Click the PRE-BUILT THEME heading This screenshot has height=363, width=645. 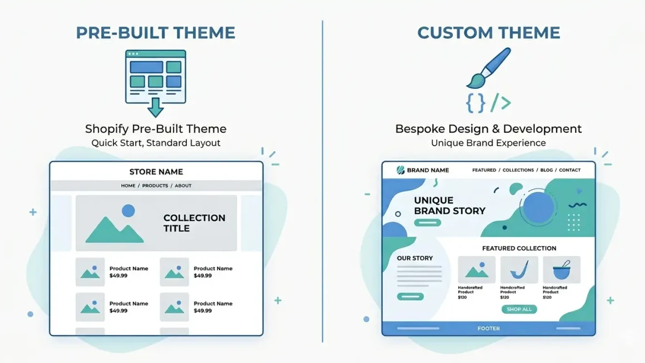156,33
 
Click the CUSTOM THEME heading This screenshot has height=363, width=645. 489,33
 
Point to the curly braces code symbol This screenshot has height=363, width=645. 475,103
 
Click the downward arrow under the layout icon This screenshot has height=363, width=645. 156,107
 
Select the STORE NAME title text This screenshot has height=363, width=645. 156,172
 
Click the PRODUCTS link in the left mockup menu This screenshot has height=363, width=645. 155,186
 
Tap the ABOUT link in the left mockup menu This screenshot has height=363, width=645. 183,186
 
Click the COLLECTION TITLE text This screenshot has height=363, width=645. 194,223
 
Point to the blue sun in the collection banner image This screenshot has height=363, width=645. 128,211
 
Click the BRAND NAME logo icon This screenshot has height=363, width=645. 401,170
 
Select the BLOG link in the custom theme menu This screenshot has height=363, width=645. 546,170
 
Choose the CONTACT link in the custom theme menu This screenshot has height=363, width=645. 569,170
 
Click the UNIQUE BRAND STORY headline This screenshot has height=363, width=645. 449,206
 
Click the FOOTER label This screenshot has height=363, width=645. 489,329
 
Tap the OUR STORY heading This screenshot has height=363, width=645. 415,258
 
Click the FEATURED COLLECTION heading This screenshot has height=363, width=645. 519,248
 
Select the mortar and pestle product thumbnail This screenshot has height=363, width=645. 561,270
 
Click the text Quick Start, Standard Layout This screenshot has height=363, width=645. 156,143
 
